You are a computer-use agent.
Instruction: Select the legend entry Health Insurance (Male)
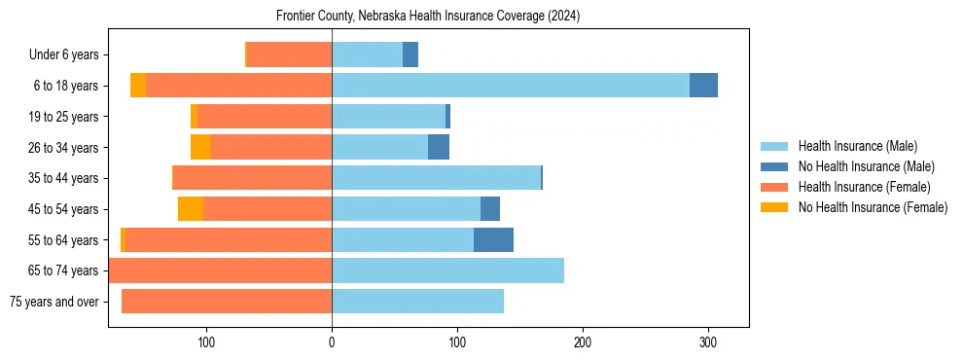tap(857, 146)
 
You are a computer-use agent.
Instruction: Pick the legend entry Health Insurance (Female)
tap(864, 187)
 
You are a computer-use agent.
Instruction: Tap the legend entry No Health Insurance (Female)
tap(873, 207)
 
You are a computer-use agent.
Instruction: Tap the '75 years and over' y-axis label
tap(53, 302)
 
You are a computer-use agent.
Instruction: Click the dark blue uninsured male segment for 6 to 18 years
tap(703, 86)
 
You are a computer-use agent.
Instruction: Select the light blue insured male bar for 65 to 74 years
tap(447, 270)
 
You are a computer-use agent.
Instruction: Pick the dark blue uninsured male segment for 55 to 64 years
tap(493, 239)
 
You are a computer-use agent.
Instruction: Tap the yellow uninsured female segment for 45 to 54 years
tap(191, 209)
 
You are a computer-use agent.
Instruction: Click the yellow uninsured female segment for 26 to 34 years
tap(200, 147)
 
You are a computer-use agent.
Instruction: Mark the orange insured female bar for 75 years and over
tap(227, 302)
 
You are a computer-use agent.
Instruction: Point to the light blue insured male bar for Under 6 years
tap(367, 54)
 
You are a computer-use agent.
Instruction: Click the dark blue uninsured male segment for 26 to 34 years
tap(439, 147)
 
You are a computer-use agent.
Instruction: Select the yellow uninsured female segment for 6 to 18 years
tap(138, 86)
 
